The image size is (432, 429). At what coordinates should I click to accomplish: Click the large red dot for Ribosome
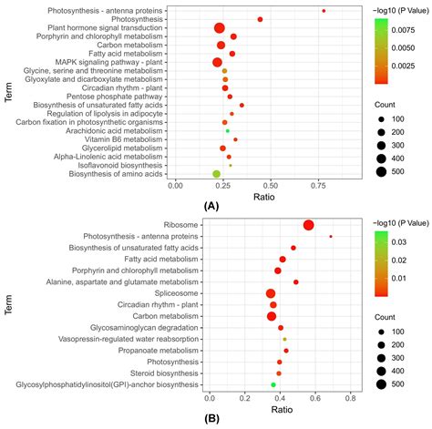[309, 226]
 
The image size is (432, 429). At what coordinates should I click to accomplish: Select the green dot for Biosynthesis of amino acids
[216, 174]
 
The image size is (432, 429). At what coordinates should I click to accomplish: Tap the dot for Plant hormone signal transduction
[219, 28]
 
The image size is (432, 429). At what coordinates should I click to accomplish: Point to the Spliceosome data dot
[271, 293]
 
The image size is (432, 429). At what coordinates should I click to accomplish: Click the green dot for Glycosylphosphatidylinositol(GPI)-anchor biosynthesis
[272, 385]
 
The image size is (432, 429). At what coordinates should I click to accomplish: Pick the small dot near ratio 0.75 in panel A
[324, 11]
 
